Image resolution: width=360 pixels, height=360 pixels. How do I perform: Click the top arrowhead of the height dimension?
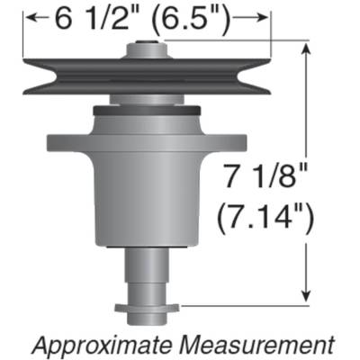coord(309,48)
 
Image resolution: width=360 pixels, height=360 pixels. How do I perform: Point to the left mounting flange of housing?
coord(56,142)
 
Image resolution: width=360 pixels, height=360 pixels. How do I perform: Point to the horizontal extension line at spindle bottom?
coord(243,307)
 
